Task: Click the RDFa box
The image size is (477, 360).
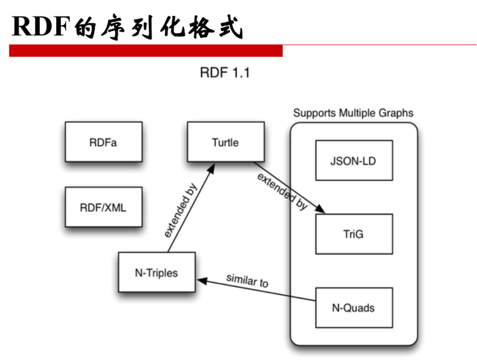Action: pos(103,142)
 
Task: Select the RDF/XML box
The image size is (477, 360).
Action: pos(103,207)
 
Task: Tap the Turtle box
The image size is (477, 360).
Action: pos(225,142)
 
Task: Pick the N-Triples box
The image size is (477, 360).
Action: pos(156,272)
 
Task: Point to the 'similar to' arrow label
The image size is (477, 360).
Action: pos(247,280)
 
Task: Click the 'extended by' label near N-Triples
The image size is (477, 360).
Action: pos(180,210)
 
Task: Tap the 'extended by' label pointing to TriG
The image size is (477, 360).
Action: pos(282,192)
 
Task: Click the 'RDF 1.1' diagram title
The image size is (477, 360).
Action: pos(225,72)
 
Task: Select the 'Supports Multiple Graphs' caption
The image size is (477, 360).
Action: pos(353,113)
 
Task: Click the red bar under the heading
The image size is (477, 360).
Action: pos(146,51)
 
